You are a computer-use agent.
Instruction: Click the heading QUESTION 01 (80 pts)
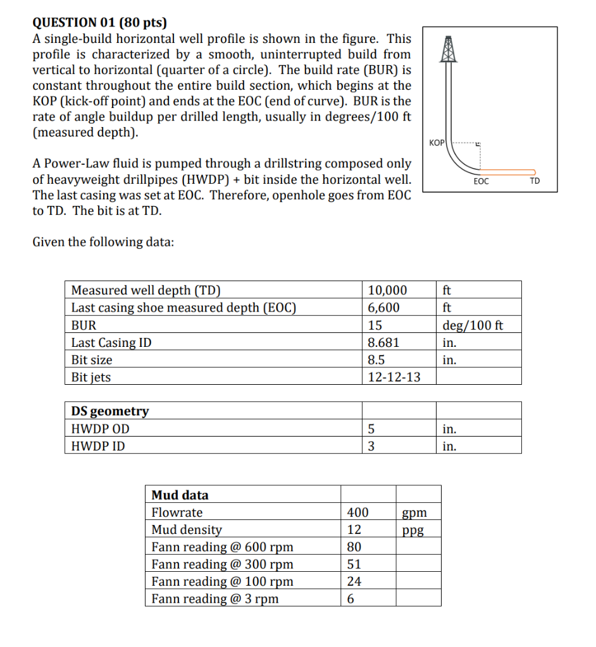pyautogui.click(x=100, y=23)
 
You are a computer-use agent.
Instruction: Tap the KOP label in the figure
pyautogui.click(x=437, y=143)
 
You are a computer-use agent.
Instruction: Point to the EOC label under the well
pyautogui.click(x=481, y=181)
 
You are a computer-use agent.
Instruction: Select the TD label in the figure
pyautogui.click(x=535, y=181)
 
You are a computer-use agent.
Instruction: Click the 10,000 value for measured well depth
pyautogui.click(x=387, y=291)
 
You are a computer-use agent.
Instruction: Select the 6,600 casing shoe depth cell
pyautogui.click(x=383, y=308)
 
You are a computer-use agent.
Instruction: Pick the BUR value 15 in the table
pyautogui.click(x=375, y=325)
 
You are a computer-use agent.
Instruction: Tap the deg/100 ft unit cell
pyautogui.click(x=473, y=325)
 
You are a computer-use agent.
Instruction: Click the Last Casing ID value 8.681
pyautogui.click(x=383, y=342)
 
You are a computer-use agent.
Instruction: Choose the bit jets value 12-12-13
pyautogui.click(x=394, y=377)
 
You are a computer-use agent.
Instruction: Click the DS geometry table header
pyautogui.click(x=110, y=411)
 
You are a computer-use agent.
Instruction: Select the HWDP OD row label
pyautogui.click(x=100, y=429)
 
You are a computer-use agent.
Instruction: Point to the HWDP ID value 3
pyautogui.click(x=371, y=446)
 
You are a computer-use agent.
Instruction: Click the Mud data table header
pyautogui.click(x=180, y=495)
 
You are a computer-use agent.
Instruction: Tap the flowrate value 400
pyautogui.click(x=357, y=512)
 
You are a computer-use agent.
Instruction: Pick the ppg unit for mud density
pyautogui.click(x=413, y=529)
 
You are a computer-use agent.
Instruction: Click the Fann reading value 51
pyautogui.click(x=354, y=564)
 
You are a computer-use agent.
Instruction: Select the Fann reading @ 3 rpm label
pyautogui.click(x=214, y=598)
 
